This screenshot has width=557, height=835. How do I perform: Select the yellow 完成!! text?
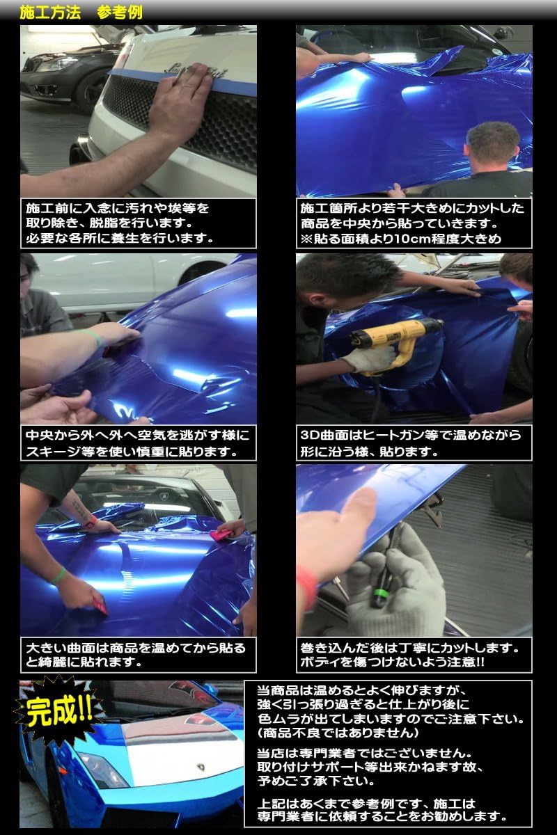(x=60, y=711)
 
